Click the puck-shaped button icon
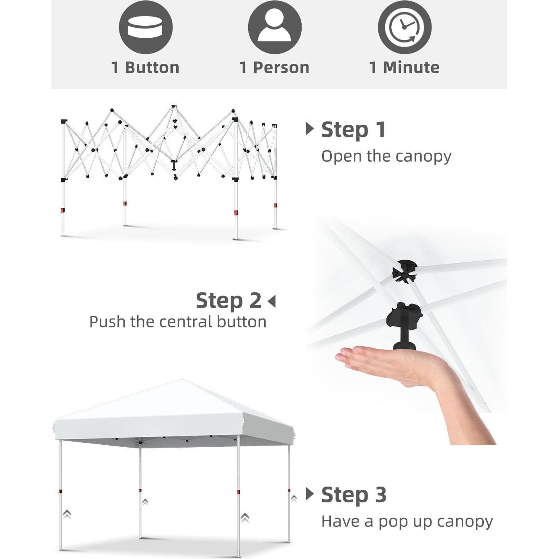(146, 27)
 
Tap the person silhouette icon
(275, 27)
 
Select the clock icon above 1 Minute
(405, 27)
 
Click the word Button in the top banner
(152, 68)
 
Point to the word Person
(281, 68)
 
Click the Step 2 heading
(228, 301)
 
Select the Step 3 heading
(354, 495)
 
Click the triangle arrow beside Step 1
(310, 129)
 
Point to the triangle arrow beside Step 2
(272, 301)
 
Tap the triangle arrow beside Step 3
(310, 494)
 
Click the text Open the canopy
(386, 157)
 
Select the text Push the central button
(178, 322)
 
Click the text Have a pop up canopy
(407, 522)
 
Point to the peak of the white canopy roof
(182, 380)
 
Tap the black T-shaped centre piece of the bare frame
(174, 165)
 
